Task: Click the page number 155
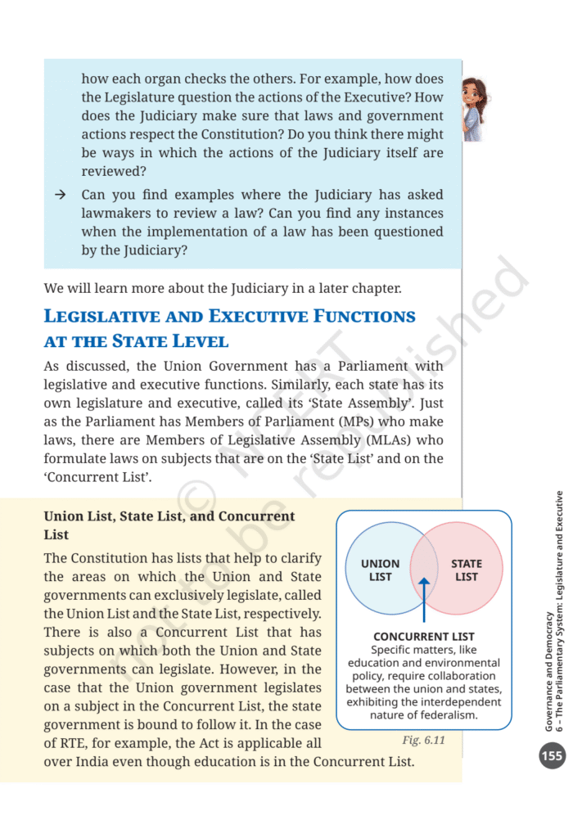click(552, 755)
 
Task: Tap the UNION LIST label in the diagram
click(380, 570)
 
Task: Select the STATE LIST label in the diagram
click(466, 570)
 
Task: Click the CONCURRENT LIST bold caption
click(423, 636)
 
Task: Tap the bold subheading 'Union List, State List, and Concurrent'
click(169, 516)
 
